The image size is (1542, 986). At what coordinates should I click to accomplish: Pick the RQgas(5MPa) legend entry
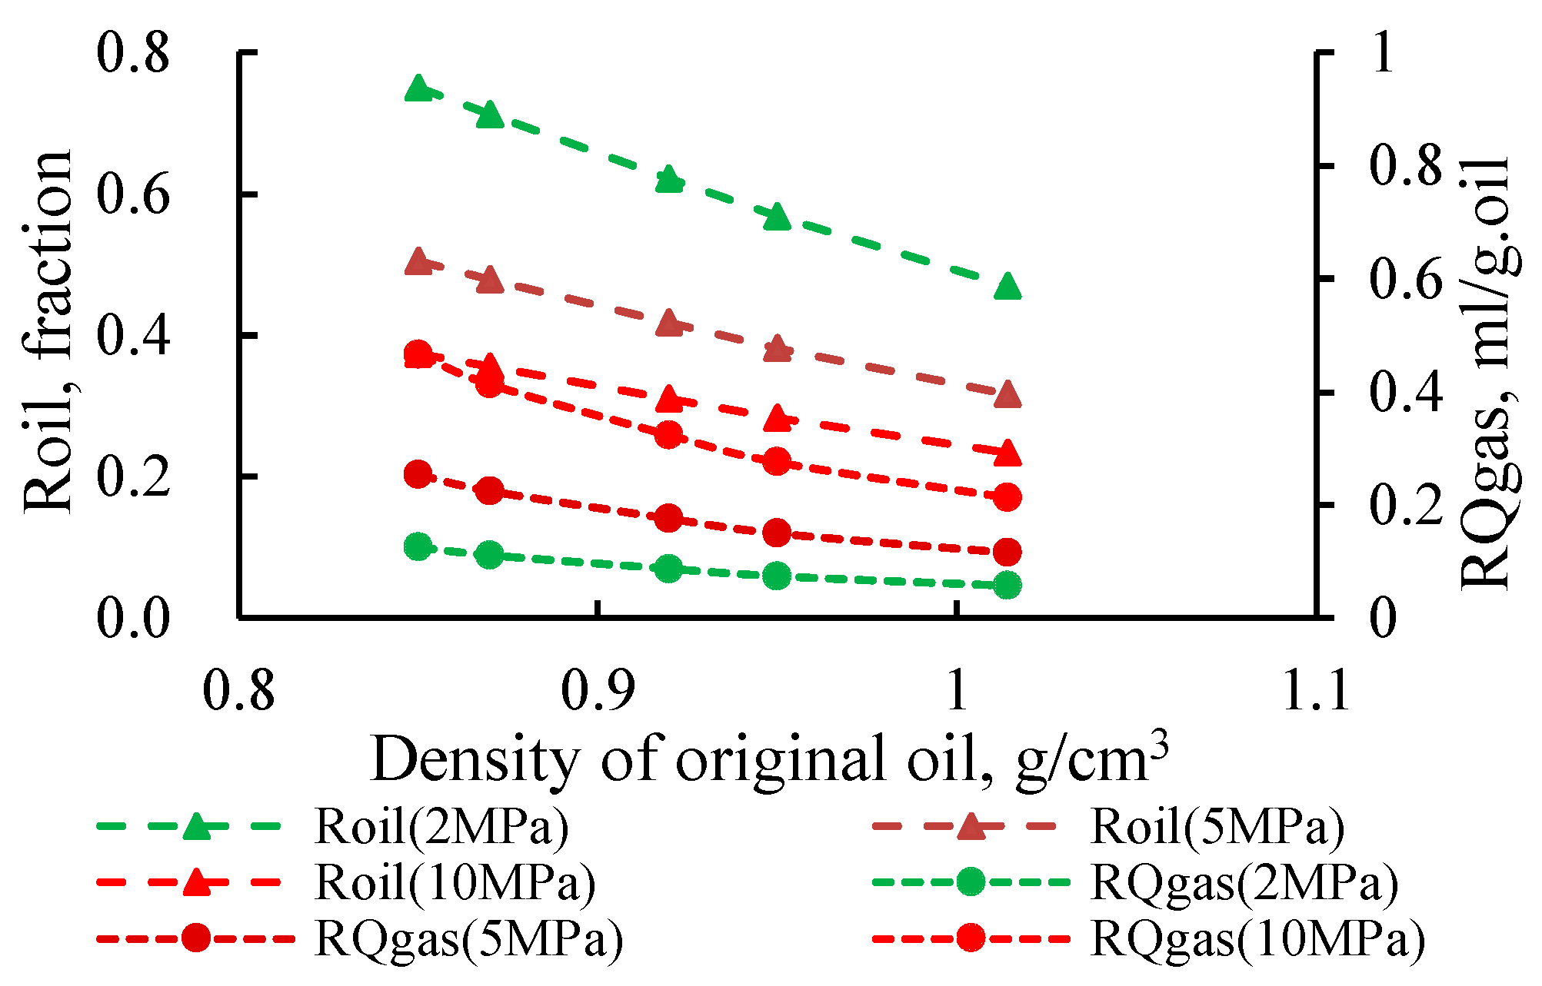[469, 938]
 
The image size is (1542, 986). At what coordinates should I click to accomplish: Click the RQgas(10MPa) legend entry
[1258, 938]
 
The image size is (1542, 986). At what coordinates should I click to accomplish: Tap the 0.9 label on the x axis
[597, 690]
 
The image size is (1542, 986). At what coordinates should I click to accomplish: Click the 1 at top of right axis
[1383, 54]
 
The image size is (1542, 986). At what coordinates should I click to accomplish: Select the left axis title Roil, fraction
[48, 332]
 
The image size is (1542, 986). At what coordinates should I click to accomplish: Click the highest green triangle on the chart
[418, 89]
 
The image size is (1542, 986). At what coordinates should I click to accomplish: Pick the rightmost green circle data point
[1007, 586]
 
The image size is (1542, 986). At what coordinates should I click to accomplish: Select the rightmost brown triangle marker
[1007, 396]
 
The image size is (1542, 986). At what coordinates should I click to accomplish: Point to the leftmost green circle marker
[418, 547]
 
